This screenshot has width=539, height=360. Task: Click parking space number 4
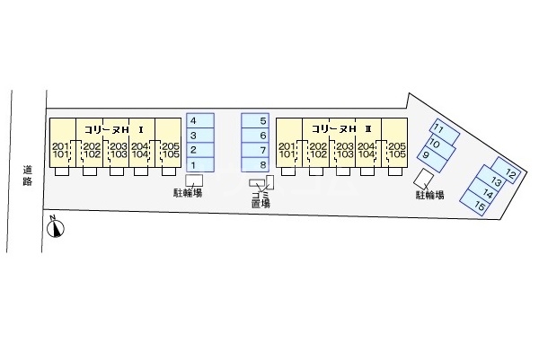200,120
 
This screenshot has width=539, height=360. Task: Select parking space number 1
200,164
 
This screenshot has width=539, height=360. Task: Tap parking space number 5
255,120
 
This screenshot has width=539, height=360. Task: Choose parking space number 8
255,164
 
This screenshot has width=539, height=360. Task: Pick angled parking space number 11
445,130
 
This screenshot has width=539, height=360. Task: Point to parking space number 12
503,172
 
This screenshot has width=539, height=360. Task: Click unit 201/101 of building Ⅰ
61,150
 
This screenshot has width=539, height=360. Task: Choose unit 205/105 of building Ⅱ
396,150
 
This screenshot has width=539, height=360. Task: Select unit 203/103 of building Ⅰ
117,150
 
